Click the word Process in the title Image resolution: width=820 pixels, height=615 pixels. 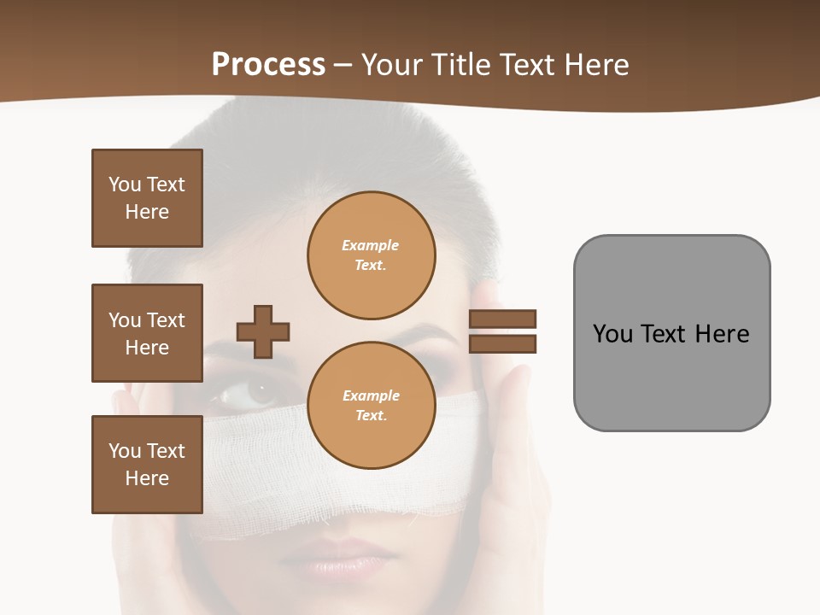click(x=268, y=65)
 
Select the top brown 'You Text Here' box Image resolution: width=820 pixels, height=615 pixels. click(x=147, y=198)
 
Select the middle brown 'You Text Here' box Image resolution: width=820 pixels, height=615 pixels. click(x=147, y=333)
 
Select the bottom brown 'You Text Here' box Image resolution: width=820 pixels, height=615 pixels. click(x=147, y=465)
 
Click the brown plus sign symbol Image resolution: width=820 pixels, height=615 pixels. click(x=263, y=331)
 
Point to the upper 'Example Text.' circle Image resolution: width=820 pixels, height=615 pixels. click(x=371, y=255)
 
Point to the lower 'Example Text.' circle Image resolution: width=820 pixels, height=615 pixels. click(x=371, y=406)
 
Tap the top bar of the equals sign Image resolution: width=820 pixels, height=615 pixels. click(x=502, y=319)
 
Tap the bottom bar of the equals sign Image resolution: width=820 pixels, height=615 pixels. click(x=502, y=343)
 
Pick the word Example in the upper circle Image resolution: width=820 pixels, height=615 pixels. click(x=371, y=245)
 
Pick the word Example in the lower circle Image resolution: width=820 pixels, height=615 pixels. click(x=371, y=395)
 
